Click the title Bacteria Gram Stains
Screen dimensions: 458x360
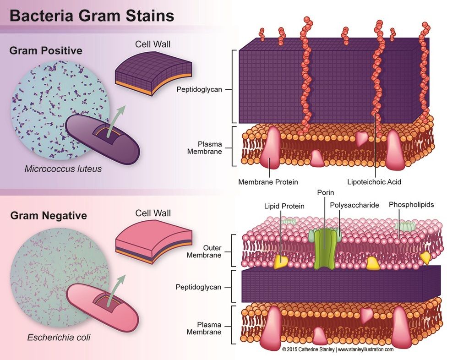92,16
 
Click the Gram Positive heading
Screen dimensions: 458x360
46,50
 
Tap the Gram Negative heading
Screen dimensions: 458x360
49,216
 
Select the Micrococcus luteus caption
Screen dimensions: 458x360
63,169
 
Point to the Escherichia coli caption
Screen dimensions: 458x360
59,338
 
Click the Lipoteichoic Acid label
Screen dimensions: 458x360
374,182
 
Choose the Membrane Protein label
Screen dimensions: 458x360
268,182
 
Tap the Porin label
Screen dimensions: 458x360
325,192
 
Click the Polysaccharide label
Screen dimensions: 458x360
354,205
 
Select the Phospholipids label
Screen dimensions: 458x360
411,205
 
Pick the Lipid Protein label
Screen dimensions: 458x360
284,206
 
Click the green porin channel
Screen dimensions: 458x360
325,248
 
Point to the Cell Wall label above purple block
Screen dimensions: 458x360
153,44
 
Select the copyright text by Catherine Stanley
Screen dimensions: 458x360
338,349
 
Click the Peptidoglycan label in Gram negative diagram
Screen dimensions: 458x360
198,287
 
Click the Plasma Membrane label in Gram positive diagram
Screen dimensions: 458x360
204,147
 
